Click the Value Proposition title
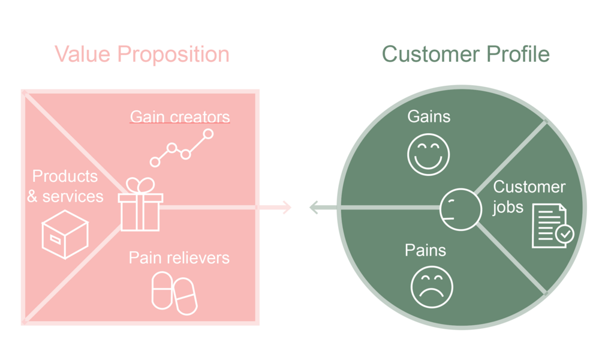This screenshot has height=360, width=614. click(142, 55)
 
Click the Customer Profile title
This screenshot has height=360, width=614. click(465, 55)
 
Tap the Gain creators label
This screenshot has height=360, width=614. click(180, 116)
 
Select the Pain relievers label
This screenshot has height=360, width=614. click(179, 258)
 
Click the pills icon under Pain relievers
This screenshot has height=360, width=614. click(174, 293)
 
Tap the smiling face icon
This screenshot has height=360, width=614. click(428, 154)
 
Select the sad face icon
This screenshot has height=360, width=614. click(432, 287)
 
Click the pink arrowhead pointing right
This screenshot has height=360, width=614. click(286, 208)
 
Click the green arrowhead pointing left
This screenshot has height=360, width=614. click(315, 208)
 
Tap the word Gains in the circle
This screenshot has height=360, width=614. click(428, 116)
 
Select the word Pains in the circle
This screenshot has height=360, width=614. click(426, 250)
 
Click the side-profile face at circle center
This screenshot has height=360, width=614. click(460, 209)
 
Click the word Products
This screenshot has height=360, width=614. click(65, 176)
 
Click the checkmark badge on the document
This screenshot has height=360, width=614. click(564, 234)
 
